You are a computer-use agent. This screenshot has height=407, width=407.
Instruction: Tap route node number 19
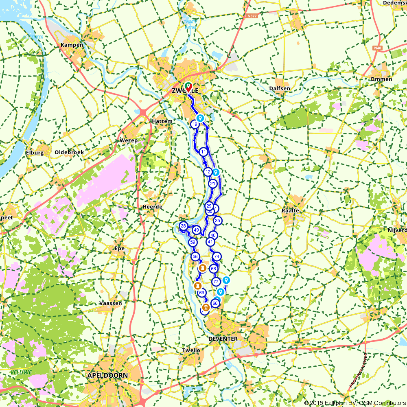(195, 124)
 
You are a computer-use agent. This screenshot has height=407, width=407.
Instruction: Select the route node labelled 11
(203, 152)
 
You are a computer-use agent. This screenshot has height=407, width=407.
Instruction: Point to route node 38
(183, 226)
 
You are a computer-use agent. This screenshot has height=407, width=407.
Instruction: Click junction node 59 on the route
(193, 242)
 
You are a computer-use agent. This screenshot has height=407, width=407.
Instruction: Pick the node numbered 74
(217, 256)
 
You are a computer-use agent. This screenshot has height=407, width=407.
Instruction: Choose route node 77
(216, 281)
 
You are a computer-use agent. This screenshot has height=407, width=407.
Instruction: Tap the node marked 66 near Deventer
(215, 303)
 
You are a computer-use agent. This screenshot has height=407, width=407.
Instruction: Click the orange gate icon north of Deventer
(206, 307)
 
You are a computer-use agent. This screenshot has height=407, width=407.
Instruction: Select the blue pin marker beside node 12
(216, 172)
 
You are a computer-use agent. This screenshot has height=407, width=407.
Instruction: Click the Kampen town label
(72, 45)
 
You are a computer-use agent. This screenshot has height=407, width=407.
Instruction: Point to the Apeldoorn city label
(107, 375)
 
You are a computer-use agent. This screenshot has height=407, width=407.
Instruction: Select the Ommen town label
(381, 79)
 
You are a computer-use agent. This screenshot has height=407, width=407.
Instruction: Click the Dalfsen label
(280, 88)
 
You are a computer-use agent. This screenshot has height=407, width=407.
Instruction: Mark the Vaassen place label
(111, 303)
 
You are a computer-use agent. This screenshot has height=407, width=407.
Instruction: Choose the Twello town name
(191, 350)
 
